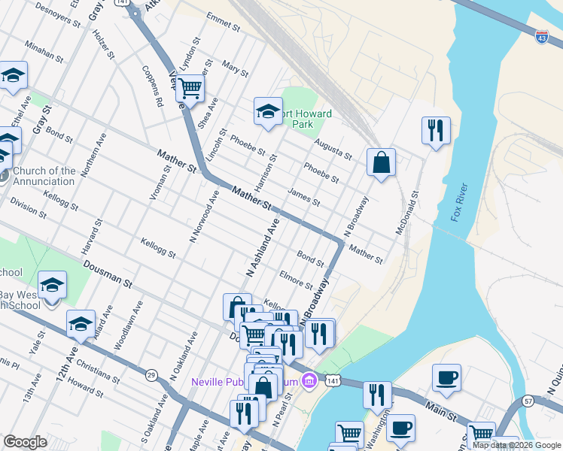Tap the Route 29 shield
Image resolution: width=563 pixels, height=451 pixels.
[151, 374]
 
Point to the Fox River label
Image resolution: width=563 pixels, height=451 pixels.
[460, 203]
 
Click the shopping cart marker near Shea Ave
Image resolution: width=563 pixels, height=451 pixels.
[190, 87]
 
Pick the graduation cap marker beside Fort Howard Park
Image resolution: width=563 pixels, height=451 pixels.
[266, 111]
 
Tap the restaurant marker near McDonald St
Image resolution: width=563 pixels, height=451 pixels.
[436, 130]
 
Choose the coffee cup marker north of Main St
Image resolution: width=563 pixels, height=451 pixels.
[446, 377]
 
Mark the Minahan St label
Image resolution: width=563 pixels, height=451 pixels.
[44, 51]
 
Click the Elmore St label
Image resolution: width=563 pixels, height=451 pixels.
[296, 279]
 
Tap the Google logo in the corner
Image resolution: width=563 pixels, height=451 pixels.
[25, 441]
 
